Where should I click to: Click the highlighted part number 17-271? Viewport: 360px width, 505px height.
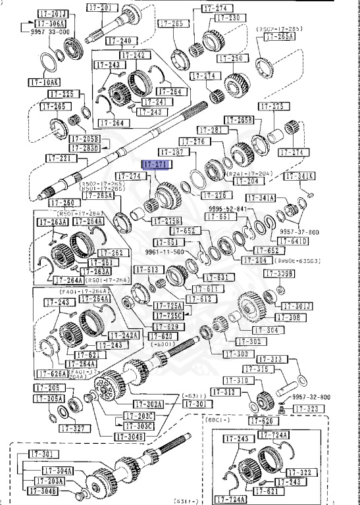coord(156,164)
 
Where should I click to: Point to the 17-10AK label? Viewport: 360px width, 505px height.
coord(44,82)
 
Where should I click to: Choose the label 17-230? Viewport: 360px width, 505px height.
coord(224,18)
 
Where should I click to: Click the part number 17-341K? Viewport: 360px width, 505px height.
coord(299,176)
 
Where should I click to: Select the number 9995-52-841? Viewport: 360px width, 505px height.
coord(228,208)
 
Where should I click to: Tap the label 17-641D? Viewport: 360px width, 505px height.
coord(296,241)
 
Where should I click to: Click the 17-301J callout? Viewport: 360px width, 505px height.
coord(299,306)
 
